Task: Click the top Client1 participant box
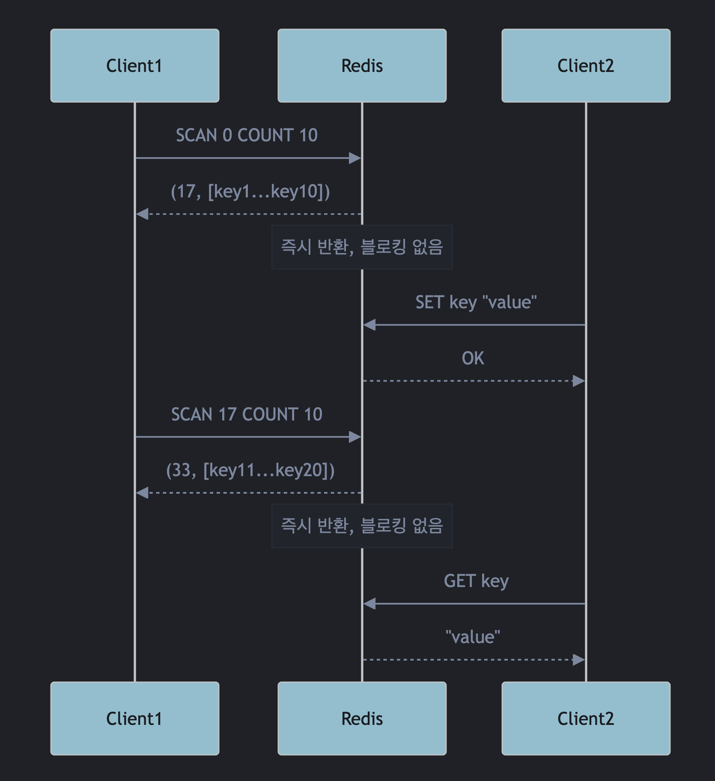click(134, 66)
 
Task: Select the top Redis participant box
click(362, 66)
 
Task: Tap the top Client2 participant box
click(586, 66)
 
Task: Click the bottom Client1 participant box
click(134, 718)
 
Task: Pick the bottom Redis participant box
click(362, 718)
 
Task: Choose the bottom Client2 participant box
click(586, 718)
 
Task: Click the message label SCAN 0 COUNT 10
click(247, 135)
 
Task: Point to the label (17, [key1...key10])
click(250, 191)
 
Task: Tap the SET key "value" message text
click(476, 302)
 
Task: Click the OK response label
click(473, 358)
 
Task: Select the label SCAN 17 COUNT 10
click(247, 414)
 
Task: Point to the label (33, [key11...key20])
click(250, 470)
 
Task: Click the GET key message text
click(476, 581)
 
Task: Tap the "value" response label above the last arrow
click(473, 637)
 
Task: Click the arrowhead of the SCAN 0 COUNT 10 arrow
click(355, 158)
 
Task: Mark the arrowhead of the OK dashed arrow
click(579, 381)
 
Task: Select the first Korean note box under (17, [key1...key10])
click(362, 247)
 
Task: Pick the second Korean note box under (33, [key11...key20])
click(362, 526)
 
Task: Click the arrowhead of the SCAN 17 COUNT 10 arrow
click(355, 437)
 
